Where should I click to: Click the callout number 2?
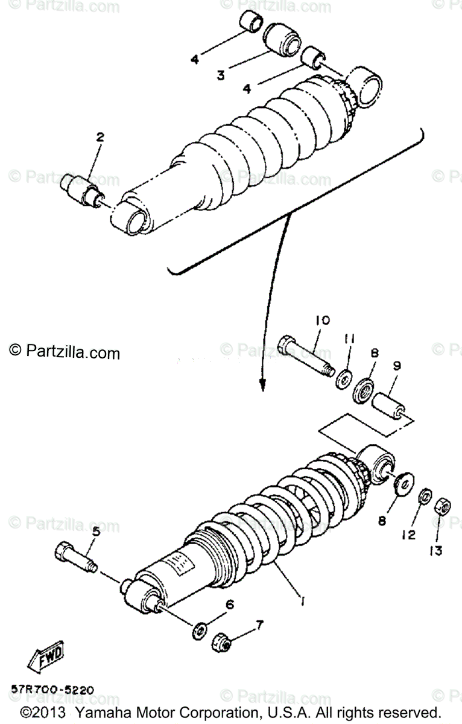pos(100,138)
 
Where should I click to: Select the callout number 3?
pos(221,75)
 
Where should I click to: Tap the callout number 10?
pos(321,320)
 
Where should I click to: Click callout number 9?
pos(396,366)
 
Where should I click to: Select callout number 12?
pos(409,535)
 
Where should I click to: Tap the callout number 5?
pos(96,532)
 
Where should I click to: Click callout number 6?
pos(230,604)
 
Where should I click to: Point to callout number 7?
pos(259,624)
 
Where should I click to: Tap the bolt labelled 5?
pos(75,556)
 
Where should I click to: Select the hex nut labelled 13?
pos(441,506)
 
